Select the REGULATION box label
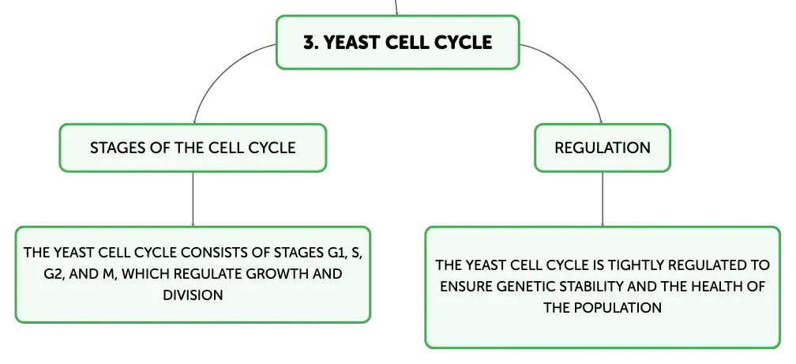pyautogui.click(x=602, y=148)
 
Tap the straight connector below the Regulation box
pyautogui.click(x=603, y=199)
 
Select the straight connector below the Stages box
pyautogui.click(x=193, y=199)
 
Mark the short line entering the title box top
pyautogui.click(x=396, y=8)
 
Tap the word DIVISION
pyautogui.click(x=193, y=295)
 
